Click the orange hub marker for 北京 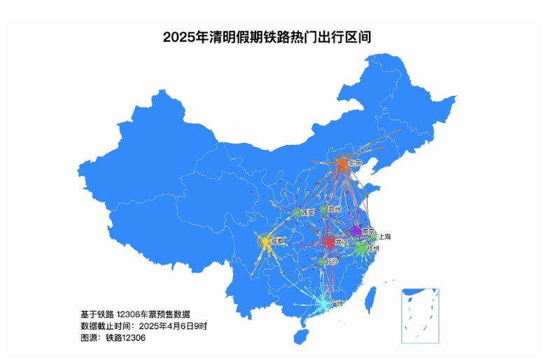pos(343,165)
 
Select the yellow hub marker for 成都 pos(265,242)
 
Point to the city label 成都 pos(278,241)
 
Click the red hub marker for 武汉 pos(329,242)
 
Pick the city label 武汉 pos(342,242)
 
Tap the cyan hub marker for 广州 pos(323,303)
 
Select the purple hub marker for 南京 pos(356,231)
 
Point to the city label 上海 pos(384,237)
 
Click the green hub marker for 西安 pos(297,212)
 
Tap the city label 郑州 pos(335,209)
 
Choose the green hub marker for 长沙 pos(321,262)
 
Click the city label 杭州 pos(372,249)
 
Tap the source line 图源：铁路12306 pos(113,338)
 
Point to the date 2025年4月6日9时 pos(173,326)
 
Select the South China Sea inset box pos(420,315)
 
